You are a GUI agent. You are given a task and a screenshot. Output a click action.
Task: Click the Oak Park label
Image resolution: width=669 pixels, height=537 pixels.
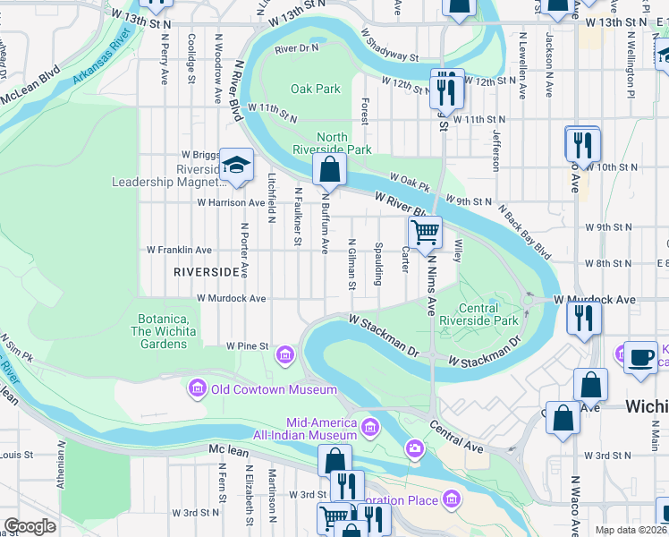coord(316,89)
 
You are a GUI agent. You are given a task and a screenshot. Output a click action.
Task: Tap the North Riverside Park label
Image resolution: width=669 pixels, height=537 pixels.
coord(333,144)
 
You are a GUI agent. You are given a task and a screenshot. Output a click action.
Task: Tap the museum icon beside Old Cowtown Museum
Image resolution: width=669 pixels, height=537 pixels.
coord(197,388)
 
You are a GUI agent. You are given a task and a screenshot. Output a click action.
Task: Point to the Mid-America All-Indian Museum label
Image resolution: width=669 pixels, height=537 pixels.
coord(321,429)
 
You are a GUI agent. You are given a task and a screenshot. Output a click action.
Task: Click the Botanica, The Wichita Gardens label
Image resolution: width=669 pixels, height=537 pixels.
coord(175,326)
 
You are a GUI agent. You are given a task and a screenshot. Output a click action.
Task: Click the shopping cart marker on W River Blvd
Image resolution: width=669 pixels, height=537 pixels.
coord(426,233)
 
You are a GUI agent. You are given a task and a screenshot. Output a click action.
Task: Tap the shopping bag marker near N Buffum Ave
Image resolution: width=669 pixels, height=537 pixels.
coord(329,168)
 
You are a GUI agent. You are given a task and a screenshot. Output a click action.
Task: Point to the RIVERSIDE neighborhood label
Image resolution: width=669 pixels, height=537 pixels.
coord(206,270)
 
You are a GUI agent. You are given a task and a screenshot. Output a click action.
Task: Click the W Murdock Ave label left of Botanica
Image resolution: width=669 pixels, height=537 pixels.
coord(232,298)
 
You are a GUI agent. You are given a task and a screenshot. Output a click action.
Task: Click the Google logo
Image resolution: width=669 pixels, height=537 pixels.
coord(30,526)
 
